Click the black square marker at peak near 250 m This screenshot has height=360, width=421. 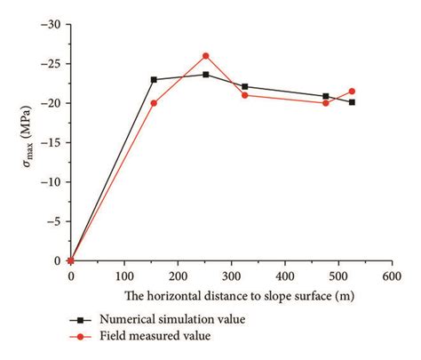(x=206, y=75)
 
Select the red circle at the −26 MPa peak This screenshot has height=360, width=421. (x=206, y=56)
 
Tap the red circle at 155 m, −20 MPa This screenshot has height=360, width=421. (x=154, y=103)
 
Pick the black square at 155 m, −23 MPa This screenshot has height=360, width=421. (x=154, y=80)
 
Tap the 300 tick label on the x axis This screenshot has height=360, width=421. (x=232, y=276)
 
